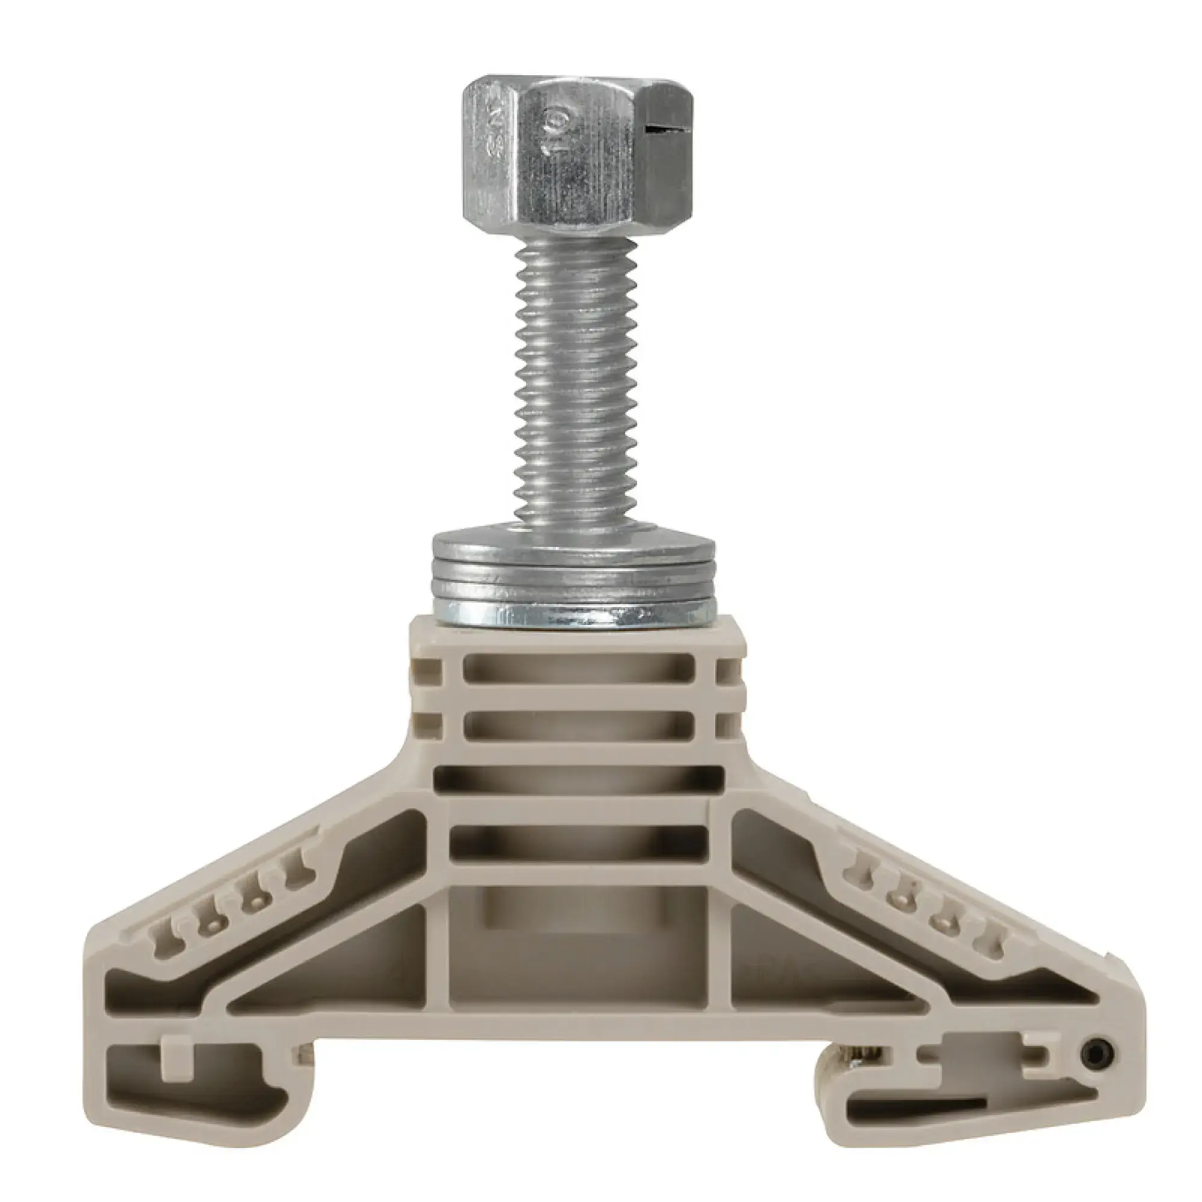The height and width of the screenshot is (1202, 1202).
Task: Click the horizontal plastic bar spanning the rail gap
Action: [579, 1027]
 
